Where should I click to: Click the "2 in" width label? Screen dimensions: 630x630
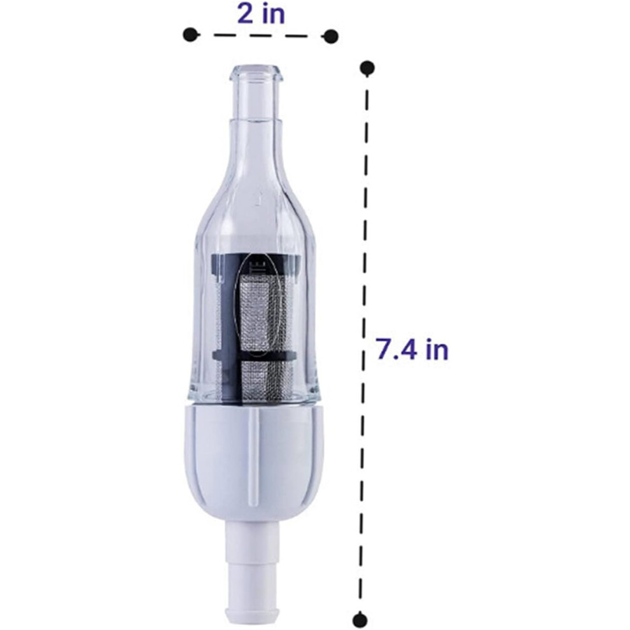(x=261, y=15)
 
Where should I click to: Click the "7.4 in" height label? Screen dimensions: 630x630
(x=412, y=349)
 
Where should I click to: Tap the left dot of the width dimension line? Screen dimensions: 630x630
(x=192, y=34)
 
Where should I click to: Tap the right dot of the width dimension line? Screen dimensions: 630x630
(x=331, y=36)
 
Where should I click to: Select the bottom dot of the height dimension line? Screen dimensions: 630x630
(x=360, y=617)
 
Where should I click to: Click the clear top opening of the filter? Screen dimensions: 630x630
(x=256, y=73)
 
